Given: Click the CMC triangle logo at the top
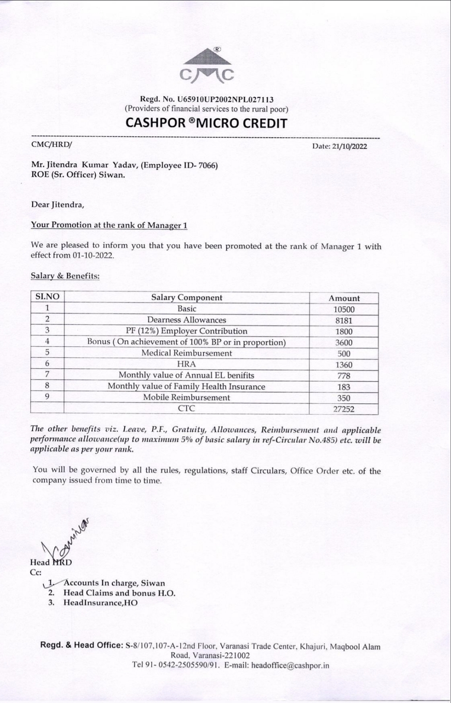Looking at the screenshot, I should coord(206,66).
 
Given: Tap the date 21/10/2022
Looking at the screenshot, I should coord(349,146).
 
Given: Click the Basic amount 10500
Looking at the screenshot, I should coord(344,309).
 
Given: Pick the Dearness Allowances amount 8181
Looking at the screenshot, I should coord(344,320).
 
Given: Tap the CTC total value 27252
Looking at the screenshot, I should coord(344,409).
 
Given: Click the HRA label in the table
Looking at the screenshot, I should coord(187,364).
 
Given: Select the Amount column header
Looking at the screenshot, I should coord(344,298).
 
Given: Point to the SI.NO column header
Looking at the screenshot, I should coord(47,297).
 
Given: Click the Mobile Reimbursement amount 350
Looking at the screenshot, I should coord(344,398).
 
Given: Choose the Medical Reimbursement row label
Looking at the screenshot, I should coord(187,353).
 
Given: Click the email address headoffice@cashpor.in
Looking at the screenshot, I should coord(290,665).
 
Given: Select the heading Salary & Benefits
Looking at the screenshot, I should coord(65,275).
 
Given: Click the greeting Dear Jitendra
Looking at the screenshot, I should coord(57,204).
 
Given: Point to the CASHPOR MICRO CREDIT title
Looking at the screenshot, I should coord(206,123).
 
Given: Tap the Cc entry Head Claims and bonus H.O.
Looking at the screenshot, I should coord(119,593).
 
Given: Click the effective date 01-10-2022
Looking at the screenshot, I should coord(93,255).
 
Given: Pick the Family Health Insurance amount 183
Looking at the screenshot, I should coord(344,387).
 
